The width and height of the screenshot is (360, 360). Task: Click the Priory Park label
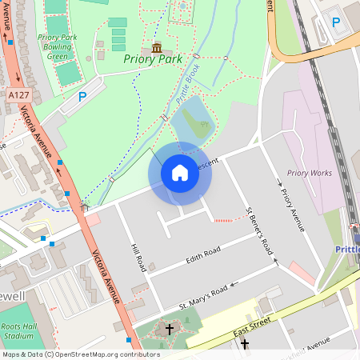point(153,59)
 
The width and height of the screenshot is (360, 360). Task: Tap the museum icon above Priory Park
point(156,47)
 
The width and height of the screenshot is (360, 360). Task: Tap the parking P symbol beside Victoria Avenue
point(82,96)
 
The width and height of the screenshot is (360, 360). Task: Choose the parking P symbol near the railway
point(336,22)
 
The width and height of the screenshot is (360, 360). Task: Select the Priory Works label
point(309,173)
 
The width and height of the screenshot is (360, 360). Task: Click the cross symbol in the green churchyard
point(169,329)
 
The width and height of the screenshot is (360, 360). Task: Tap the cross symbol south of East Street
point(244,345)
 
